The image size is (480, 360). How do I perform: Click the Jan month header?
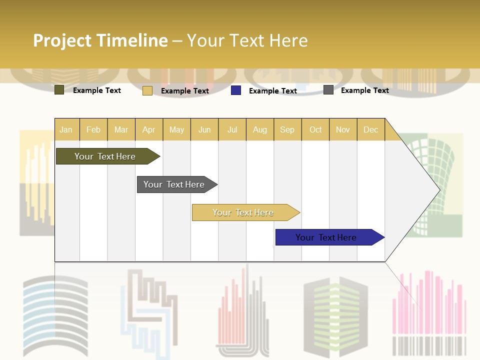(66, 129)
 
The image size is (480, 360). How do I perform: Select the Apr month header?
(148, 129)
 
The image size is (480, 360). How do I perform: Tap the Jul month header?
(232, 129)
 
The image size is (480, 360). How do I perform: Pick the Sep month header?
(287, 129)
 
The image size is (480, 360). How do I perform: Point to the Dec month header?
(370, 129)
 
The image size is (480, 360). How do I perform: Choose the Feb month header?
(93, 129)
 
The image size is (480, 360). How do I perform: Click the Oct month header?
(315, 129)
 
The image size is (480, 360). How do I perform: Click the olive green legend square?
(59, 90)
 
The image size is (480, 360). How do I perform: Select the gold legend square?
(147, 90)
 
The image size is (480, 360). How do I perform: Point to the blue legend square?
(236, 90)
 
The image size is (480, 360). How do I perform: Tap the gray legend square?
(328, 90)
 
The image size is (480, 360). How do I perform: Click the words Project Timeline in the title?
(100, 40)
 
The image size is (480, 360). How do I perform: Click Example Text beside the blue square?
(273, 91)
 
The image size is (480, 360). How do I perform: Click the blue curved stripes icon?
(55, 315)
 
